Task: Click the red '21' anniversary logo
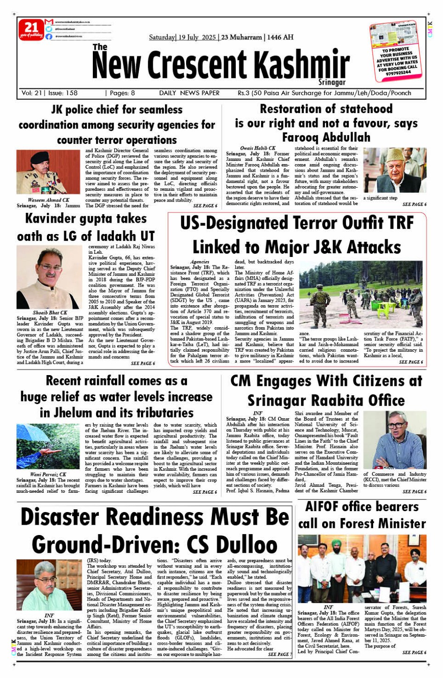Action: [x=31, y=30]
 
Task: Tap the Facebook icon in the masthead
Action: [x=49, y=36]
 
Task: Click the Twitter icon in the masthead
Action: [x=49, y=29]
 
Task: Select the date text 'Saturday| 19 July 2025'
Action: [x=182, y=37]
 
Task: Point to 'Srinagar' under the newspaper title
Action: [x=332, y=82]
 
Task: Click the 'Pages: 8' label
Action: [x=121, y=93]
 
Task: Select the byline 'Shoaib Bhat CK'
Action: [x=50, y=312]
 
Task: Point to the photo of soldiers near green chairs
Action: [x=361, y=294]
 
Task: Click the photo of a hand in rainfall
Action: [x=48, y=446]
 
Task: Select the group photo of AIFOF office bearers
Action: [x=362, y=569]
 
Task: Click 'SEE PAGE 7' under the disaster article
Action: [x=280, y=654]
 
